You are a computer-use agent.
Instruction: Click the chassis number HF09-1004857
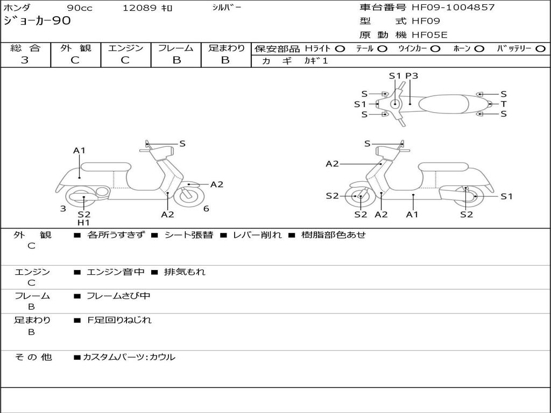tap(453, 8)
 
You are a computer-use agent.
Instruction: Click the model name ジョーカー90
tap(37, 21)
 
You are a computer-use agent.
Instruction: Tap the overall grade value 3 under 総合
tap(25, 60)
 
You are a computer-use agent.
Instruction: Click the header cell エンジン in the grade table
tap(125, 48)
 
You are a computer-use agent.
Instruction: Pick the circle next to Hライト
tap(340, 49)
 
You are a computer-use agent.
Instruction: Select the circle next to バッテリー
tap(541, 49)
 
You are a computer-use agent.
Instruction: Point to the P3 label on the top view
tap(412, 76)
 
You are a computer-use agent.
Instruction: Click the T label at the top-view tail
tap(504, 104)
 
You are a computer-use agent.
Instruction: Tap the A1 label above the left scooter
tap(80, 151)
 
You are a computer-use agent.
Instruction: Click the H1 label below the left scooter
tap(83, 223)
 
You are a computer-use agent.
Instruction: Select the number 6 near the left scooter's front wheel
tap(206, 209)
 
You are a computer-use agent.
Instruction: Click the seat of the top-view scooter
tap(443, 104)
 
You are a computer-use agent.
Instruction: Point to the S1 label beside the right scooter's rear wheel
tap(506, 197)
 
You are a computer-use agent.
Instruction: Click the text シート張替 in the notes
tap(189, 235)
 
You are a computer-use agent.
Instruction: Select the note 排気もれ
tap(185, 272)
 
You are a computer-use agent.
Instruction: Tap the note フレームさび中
tap(118, 296)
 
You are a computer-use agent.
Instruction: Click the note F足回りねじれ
tap(119, 320)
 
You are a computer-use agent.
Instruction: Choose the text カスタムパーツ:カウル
tap(129, 357)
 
